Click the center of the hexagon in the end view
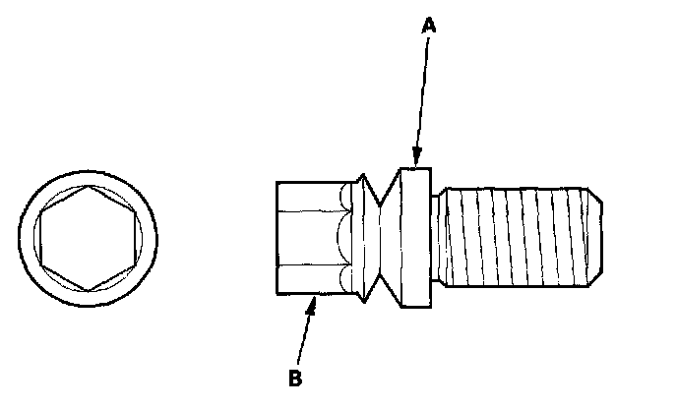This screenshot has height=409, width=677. [x=89, y=238]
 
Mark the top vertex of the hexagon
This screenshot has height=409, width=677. [x=89, y=185]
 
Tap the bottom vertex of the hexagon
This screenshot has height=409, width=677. [x=89, y=291]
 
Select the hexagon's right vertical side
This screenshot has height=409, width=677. [x=135, y=238]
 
